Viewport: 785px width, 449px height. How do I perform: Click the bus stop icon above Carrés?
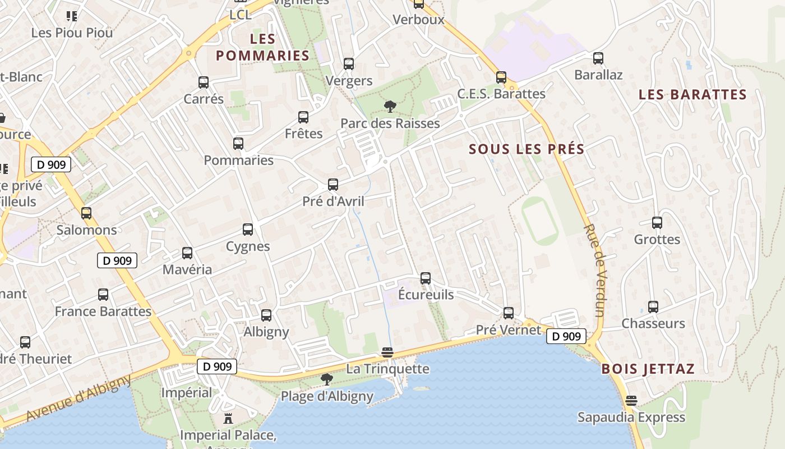click(x=204, y=83)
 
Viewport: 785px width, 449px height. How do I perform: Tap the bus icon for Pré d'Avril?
click(x=333, y=185)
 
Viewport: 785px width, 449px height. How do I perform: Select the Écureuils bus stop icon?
click(x=426, y=278)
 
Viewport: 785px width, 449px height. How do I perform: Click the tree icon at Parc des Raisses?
click(x=390, y=107)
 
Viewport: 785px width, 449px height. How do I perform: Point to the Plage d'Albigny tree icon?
click(x=326, y=380)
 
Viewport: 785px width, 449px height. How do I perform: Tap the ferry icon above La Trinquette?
click(x=387, y=352)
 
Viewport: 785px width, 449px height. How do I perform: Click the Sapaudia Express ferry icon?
click(x=631, y=401)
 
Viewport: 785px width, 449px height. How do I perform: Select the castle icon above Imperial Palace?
click(x=228, y=419)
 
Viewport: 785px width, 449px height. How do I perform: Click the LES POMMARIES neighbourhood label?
click(x=262, y=47)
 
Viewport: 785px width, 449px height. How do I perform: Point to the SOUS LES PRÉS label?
click(x=527, y=149)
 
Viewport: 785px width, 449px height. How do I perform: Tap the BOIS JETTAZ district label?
click(x=648, y=369)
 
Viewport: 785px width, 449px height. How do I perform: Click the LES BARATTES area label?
click(x=692, y=94)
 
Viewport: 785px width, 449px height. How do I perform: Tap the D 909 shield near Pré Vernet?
click(x=566, y=336)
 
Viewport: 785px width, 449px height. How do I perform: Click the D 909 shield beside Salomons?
click(x=117, y=260)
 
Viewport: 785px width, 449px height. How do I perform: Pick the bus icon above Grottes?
click(x=657, y=223)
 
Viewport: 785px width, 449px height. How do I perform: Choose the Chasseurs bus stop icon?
click(x=653, y=307)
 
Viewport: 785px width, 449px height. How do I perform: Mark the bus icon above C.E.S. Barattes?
click(x=501, y=77)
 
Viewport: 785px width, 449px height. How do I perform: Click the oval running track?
click(x=539, y=221)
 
